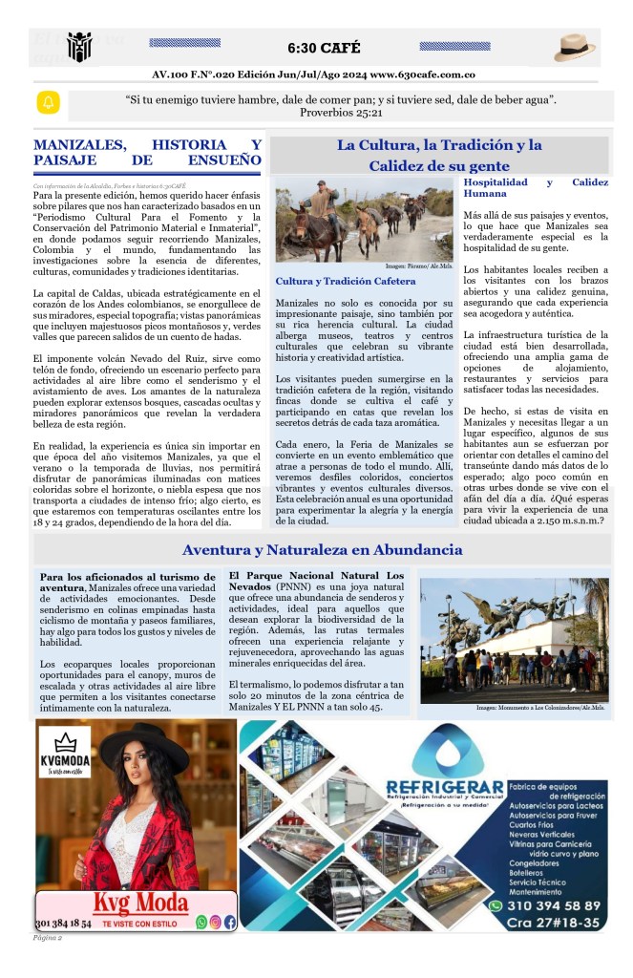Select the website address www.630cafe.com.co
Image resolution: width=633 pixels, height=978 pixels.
click(423, 74)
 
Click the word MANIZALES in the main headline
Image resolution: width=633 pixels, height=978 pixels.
click(80, 144)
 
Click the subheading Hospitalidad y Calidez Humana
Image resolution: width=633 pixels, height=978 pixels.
click(536, 187)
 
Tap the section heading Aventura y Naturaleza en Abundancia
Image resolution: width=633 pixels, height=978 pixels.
click(322, 550)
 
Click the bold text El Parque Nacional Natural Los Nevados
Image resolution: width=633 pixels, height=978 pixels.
click(316, 582)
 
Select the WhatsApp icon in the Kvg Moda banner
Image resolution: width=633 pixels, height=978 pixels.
click(200, 922)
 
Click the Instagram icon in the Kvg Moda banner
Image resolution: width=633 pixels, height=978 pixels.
click(216, 922)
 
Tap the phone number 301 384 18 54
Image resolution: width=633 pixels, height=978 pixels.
click(63, 924)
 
